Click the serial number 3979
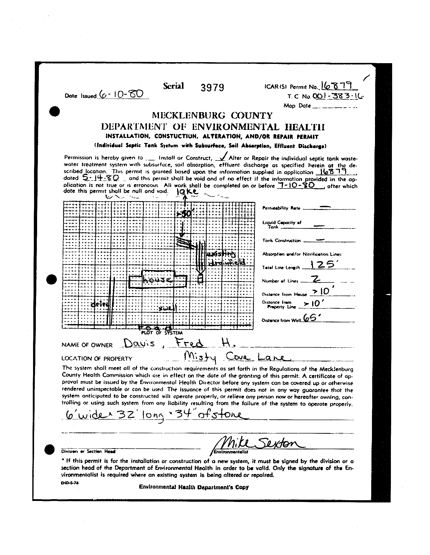pos(212,88)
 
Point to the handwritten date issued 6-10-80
pos(122,94)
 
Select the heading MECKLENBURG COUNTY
pos(212,116)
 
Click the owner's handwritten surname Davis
pos(138,344)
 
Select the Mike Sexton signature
pos(259,443)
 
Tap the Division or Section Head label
pos(88,452)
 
